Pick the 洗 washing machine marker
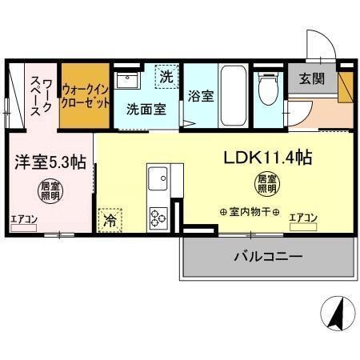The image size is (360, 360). point(166,78)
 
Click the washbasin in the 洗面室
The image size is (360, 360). point(127,81)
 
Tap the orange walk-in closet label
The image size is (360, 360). point(86,97)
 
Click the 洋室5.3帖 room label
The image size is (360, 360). point(49,161)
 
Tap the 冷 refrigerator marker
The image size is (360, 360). point(110,221)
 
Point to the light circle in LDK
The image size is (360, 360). point(266,185)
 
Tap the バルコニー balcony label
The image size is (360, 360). point(267,257)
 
